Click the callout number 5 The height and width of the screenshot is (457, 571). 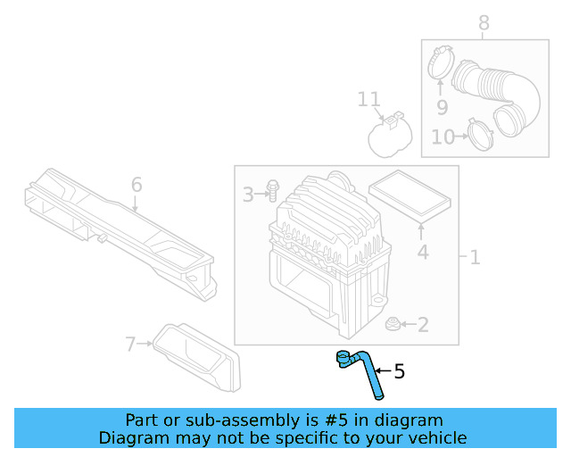(x=399, y=370)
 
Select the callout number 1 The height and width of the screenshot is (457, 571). (x=475, y=258)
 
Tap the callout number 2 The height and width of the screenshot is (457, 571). (x=422, y=325)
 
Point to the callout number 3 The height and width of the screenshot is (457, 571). (x=249, y=193)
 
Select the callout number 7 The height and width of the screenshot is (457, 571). (x=484, y=23)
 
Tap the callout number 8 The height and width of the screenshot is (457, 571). (x=442, y=107)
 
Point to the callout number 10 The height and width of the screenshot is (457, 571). (x=369, y=99)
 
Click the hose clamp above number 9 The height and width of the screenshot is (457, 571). (x=481, y=137)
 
